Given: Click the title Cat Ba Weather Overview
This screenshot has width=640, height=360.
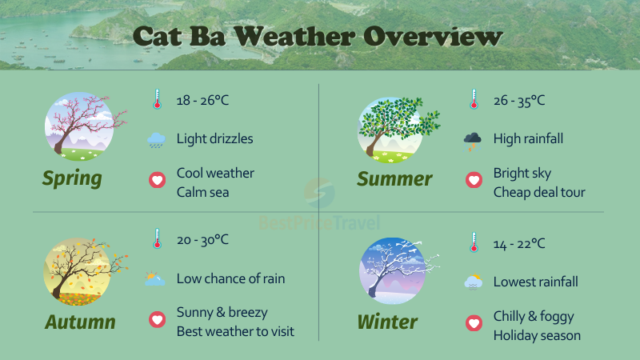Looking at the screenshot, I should pyautogui.click(x=318, y=37).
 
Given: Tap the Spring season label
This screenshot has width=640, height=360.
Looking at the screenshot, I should pyautogui.click(x=72, y=178).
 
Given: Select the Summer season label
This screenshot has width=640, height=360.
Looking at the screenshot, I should pyautogui.click(x=394, y=178).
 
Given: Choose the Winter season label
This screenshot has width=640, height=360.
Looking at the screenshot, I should pyautogui.click(x=387, y=322).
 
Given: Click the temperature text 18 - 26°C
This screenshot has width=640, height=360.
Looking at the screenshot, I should pyautogui.click(x=202, y=101).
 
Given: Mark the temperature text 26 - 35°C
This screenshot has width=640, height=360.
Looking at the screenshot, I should pyautogui.click(x=519, y=101).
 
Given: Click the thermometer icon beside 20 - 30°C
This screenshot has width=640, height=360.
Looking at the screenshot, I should pyautogui.click(x=157, y=238).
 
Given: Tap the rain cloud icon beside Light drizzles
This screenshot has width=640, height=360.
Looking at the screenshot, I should pyautogui.click(x=157, y=140).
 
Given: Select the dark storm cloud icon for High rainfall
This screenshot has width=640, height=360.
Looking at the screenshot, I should pyautogui.click(x=473, y=140).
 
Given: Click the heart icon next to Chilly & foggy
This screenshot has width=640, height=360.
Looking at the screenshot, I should pyautogui.click(x=474, y=324).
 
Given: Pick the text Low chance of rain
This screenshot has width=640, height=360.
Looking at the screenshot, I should pyautogui.click(x=230, y=279).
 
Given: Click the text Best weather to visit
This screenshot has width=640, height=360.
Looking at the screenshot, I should pyautogui.click(x=235, y=330).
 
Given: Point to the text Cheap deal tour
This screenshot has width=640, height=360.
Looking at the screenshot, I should pyautogui.click(x=539, y=192).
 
